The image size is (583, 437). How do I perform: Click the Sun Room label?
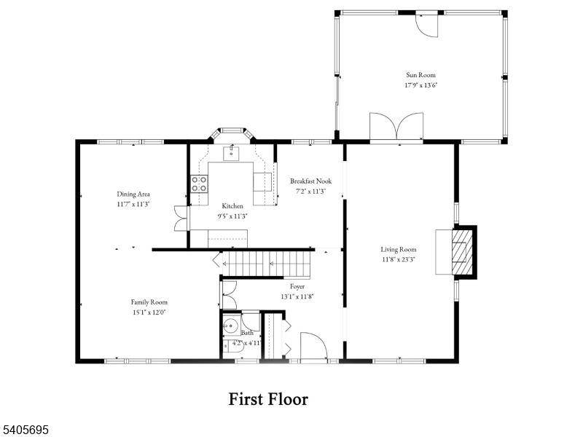click(x=421, y=75)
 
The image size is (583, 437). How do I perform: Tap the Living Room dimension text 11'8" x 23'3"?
click(x=399, y=259)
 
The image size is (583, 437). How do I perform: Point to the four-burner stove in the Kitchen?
click(x=199, y=184)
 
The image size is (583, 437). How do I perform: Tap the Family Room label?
click(x=149, y=302)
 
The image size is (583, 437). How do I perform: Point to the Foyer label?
click(x=297, y=286)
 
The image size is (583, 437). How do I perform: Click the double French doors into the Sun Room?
click(x=396, y=126)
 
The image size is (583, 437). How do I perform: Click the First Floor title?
click(x=268, y=399)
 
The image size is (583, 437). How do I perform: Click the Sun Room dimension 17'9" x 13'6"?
click(x=421, y=85)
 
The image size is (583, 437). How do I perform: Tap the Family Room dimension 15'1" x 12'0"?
click(x=149, y=312)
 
